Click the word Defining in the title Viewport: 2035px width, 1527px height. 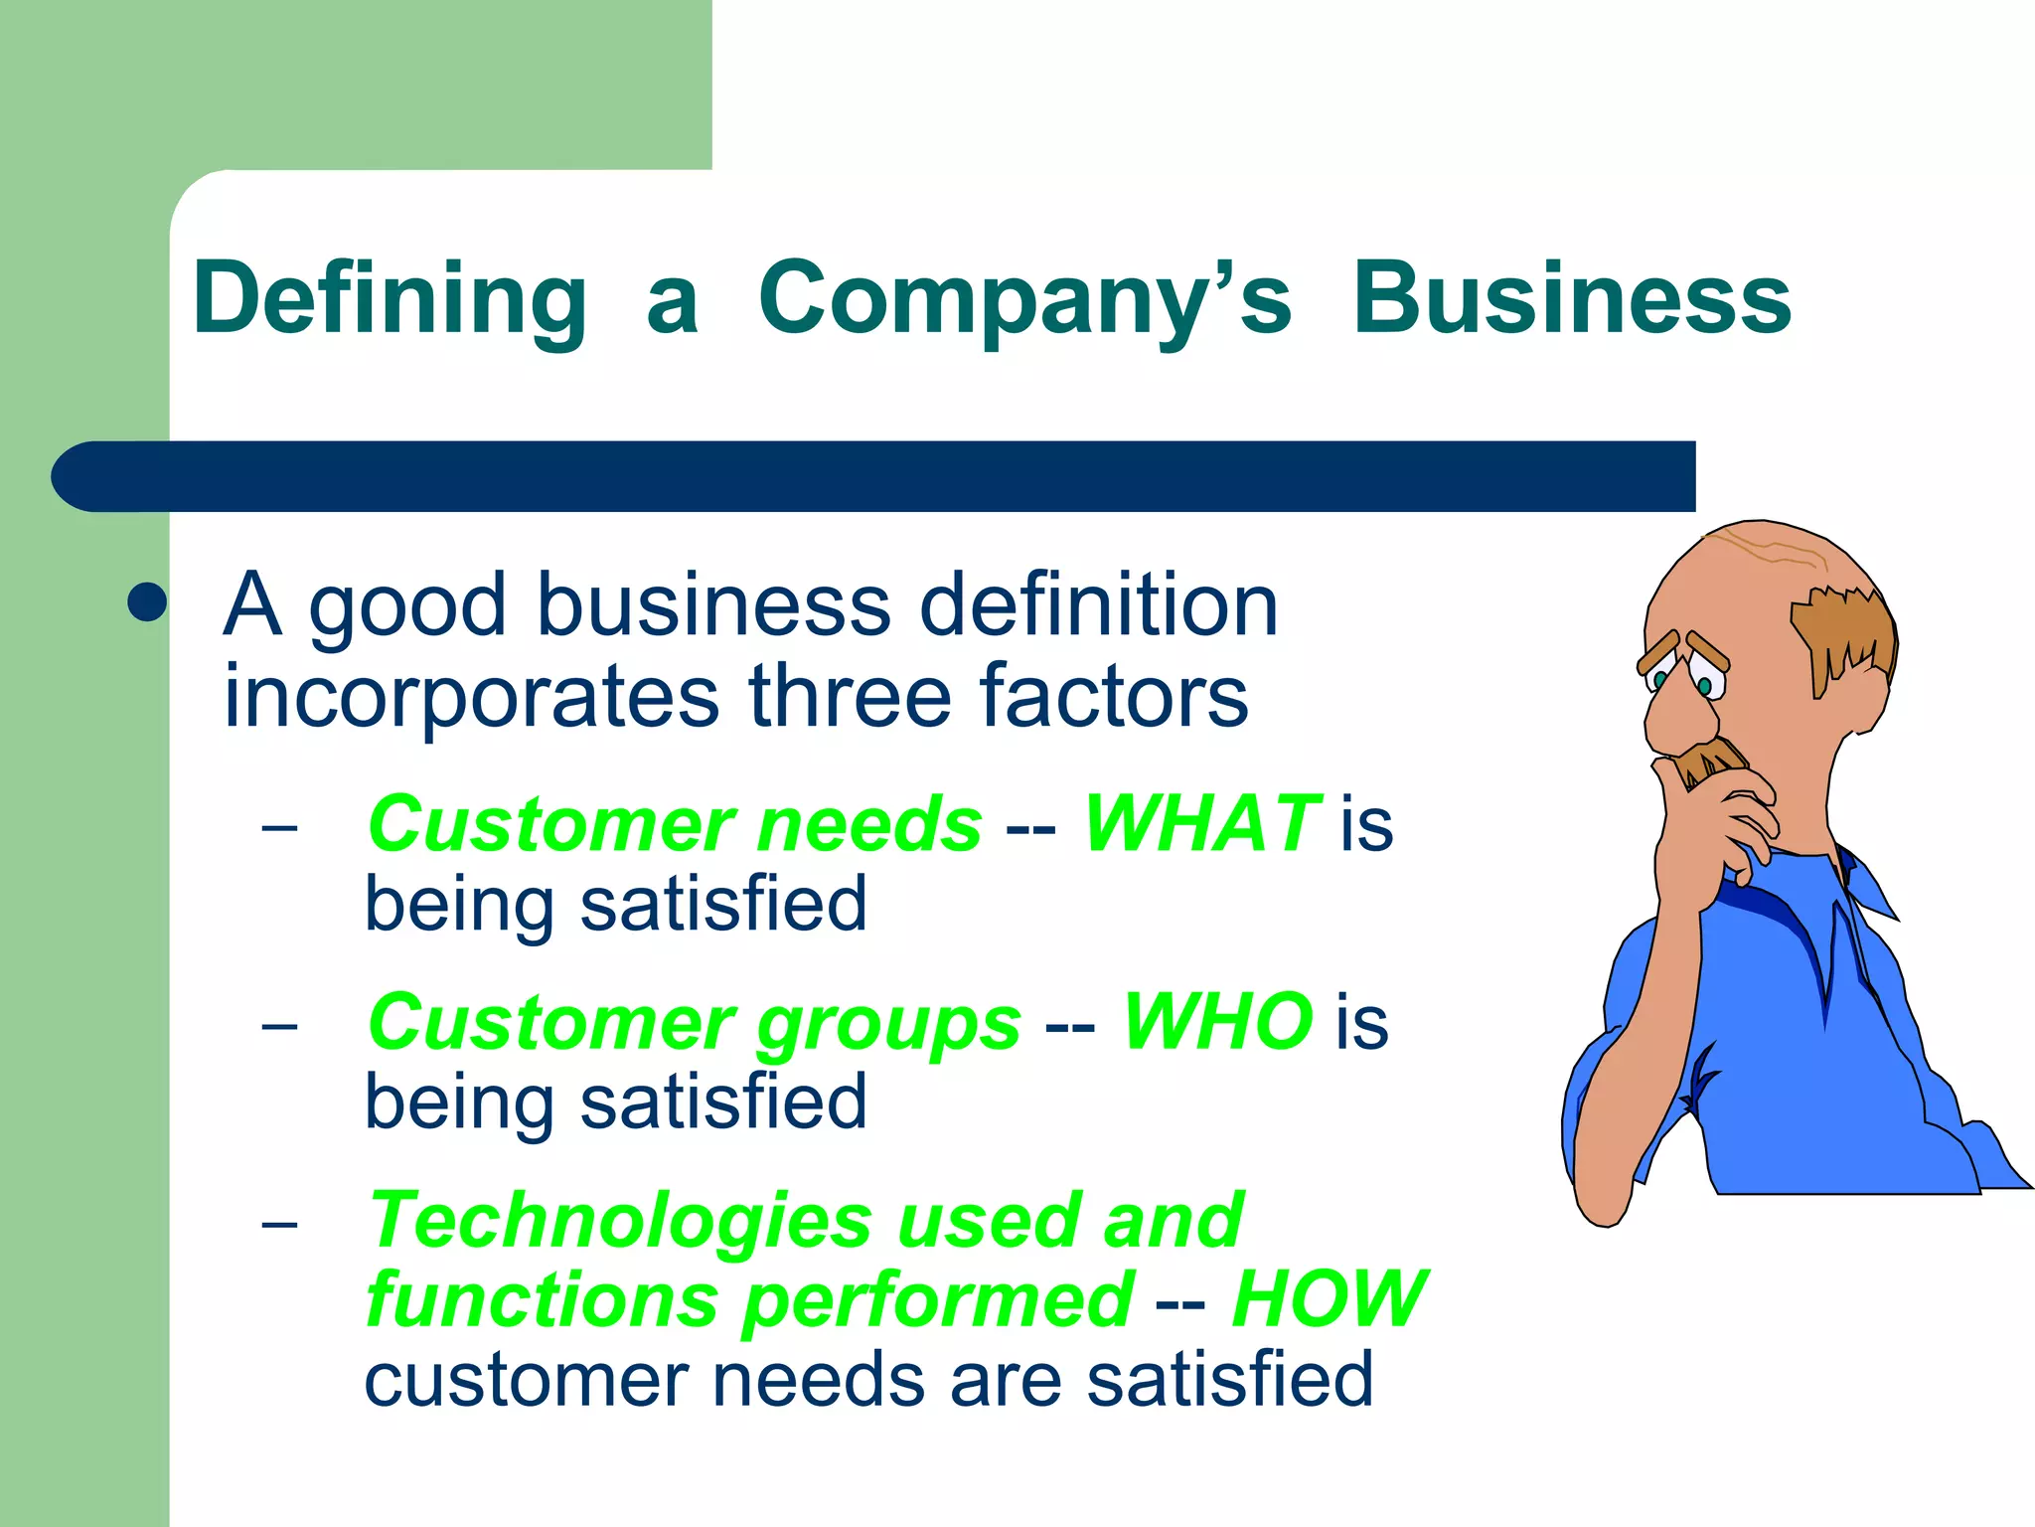[x=390, y=298]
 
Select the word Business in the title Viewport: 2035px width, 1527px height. [x=1572, y=298]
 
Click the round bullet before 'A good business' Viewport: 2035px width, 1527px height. [x=147, y=601]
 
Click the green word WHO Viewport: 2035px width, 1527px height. [x=1217, y=1021]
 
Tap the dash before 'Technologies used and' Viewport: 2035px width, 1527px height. [x=279, y=1223]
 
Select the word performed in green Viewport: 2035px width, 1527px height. [x=937, y=1299]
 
